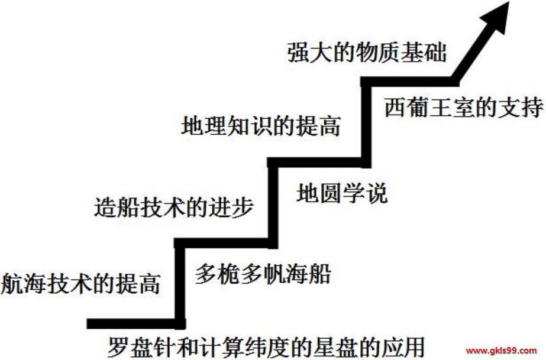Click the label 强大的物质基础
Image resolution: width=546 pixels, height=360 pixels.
point(367,53)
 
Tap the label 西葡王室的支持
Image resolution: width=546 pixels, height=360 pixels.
point(464,108)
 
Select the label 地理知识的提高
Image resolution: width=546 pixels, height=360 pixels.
point(261,126)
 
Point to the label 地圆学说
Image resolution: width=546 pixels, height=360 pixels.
point(342,193)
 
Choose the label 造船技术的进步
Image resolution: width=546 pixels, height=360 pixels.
point(173,207)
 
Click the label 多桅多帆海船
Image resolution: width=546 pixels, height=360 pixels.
point(263,274)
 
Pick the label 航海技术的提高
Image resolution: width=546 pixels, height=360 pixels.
point(81,284)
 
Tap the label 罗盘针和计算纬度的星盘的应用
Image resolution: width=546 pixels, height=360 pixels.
point(266,346)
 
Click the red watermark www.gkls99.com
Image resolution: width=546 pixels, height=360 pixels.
point(501,351)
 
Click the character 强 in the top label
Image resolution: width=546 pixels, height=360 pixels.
point(298,53)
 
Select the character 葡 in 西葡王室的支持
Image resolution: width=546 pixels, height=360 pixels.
point(419,108)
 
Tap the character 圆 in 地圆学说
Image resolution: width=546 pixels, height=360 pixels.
point(331,193)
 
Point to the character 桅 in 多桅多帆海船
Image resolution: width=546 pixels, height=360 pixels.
point(229,274)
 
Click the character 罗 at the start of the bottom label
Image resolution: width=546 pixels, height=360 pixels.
point(118,346)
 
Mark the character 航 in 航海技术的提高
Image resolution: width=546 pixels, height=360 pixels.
point(12,284)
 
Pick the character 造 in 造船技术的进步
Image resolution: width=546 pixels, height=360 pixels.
point(105,207)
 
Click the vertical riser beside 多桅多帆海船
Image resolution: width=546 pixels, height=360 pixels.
point(179,284)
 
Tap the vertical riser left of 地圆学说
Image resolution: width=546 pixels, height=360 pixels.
point(273,203)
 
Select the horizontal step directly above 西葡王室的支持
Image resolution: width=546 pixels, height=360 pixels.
point(409,82)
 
